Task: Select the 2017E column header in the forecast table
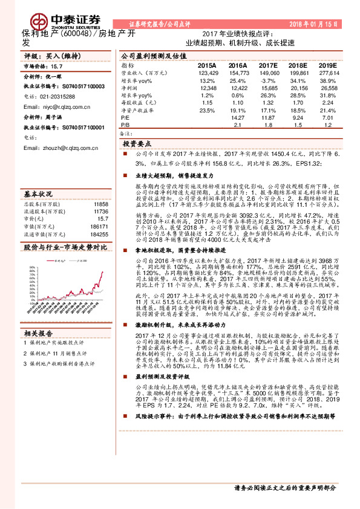pos(268,65)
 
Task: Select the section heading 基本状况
pos(38,195)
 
